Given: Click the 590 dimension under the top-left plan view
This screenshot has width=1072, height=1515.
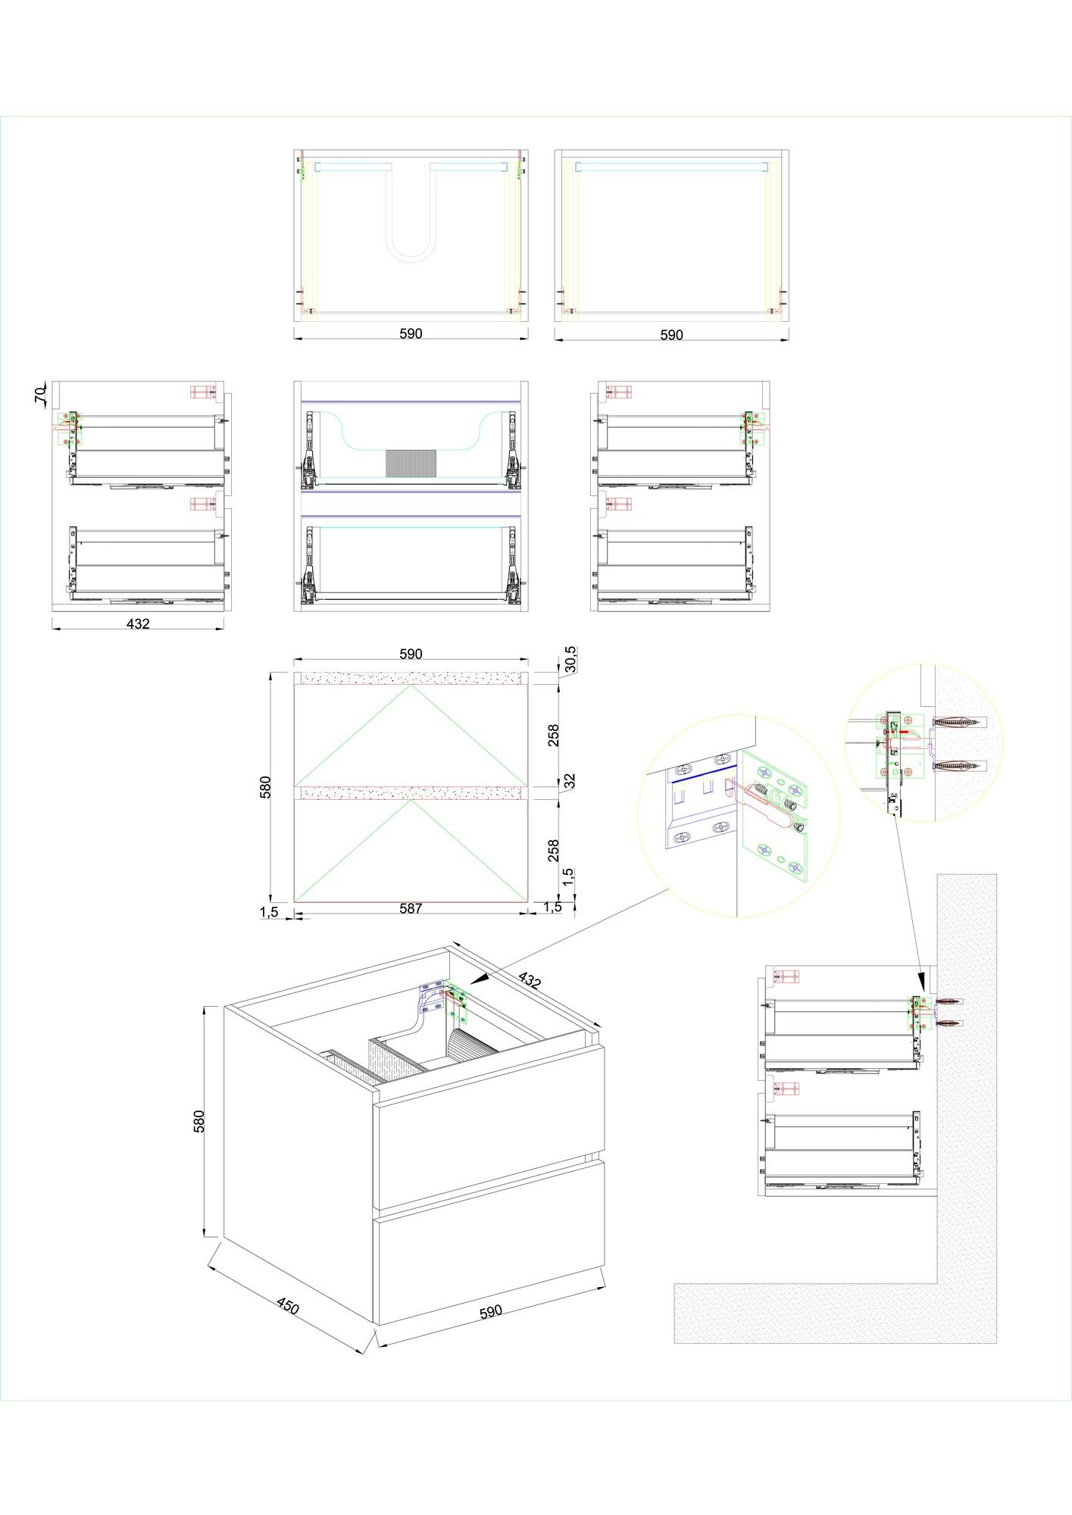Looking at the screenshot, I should pyautogui.click(x=411, y=333).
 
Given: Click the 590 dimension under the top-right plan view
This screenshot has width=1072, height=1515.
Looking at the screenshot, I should pyautogui.click(x=671, y=334).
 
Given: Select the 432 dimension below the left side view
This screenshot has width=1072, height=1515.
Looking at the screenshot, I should pyautogui.click(x=138, y=623).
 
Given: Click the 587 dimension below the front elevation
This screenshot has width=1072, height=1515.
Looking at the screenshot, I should pyautogui.click(x=411, y=908).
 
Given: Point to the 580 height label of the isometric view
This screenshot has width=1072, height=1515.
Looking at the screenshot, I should pyautogui.click(x=199, y=1121).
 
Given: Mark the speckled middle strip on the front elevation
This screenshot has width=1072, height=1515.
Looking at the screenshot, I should pyautogui.click(x=411, y=793).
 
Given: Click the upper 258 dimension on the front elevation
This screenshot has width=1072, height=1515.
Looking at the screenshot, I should pyautogui.click(x=554, y=736).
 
